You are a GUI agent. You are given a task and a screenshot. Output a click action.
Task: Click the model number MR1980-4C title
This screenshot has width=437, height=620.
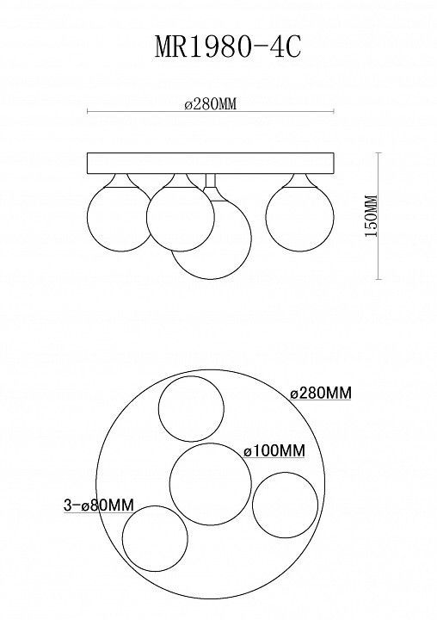point(228,47)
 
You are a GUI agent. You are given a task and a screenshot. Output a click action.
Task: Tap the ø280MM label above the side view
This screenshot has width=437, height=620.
point(210,104)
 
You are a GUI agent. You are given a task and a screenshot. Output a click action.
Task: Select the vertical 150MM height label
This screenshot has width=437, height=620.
point(371,216)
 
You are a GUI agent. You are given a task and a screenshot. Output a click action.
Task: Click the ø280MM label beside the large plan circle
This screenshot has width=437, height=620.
point(321,393)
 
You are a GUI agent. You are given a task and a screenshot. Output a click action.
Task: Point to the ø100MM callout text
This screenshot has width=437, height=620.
point(274,450)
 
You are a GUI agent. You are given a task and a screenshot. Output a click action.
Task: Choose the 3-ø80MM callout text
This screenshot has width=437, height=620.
point(99,505)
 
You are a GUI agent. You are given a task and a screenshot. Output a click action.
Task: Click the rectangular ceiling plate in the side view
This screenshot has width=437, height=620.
point(211,164)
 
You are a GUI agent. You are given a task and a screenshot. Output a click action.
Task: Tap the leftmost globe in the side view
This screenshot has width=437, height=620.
point(119,217)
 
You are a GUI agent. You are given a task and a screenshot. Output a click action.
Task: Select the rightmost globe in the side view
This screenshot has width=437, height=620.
point(299,217)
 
